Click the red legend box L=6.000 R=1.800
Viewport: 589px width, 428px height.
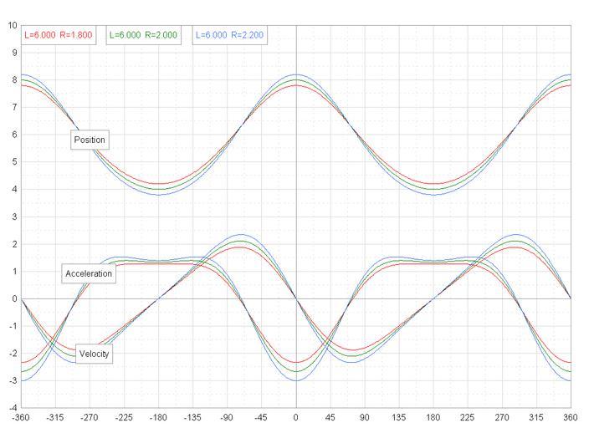59,35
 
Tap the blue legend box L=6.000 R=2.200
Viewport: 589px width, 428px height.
230,35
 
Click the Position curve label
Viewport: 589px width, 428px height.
90,139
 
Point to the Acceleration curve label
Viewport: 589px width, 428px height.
88,274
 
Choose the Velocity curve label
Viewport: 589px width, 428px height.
94,354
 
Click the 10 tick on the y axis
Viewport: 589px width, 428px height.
12,25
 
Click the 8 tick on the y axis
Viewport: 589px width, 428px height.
13,79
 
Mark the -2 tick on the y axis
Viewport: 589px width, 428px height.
12,354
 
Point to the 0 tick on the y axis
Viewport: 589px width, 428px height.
13,298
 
